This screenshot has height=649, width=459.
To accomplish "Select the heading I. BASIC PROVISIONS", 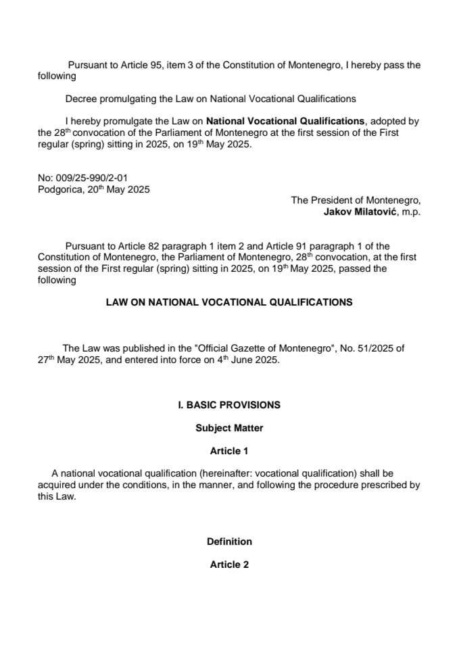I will [228, 405].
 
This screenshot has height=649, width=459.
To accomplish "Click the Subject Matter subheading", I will [229, 428].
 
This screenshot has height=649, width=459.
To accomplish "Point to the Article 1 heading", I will [229, 451].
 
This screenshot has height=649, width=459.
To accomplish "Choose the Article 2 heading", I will [229, 564].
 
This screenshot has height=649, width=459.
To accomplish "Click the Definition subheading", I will [229, 542].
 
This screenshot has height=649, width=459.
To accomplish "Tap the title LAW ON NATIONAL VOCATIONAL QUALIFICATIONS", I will [229, 302].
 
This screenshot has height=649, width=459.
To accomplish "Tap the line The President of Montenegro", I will [356, 201].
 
